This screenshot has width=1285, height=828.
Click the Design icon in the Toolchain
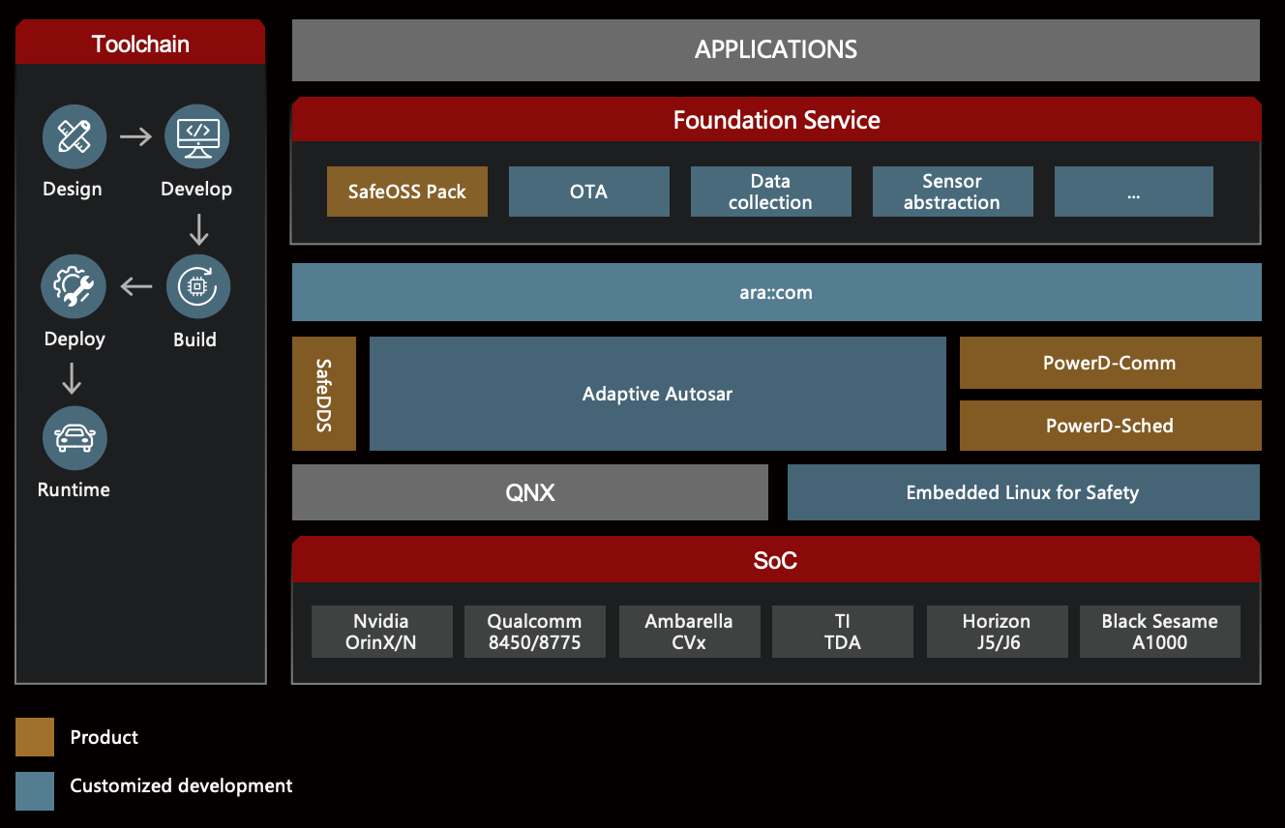point(75,136)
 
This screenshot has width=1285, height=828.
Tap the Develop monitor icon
point(196,136)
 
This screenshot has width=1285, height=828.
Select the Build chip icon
point(198,286)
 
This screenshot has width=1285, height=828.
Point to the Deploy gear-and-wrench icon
point(74,286)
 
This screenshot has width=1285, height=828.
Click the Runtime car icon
point(75,438)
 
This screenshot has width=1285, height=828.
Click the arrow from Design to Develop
point(136,136)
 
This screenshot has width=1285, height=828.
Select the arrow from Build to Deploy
point(136,286)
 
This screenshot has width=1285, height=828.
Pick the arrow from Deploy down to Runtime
point(72,378)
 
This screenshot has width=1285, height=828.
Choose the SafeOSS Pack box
point(407,192)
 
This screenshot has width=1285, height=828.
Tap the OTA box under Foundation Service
point(589,192)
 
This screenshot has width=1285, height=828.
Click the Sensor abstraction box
point(953,192)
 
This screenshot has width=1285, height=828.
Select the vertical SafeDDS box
point(324,394)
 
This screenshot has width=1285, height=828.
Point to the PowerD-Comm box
point(1110,363)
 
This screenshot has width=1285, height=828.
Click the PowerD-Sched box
point(1110,426)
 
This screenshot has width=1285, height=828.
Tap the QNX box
point(530,492)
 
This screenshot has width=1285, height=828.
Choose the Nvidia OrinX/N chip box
point(382,632)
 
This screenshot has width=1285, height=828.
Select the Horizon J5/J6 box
point(998,632)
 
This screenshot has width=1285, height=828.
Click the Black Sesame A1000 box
point(1160,632)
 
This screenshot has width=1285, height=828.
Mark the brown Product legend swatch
point(35,737)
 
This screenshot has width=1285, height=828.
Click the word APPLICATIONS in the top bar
point(776,50)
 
